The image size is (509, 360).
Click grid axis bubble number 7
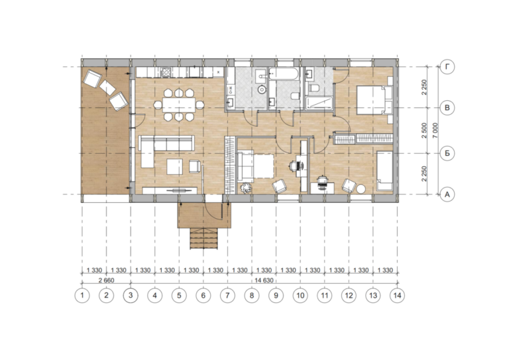click(x=227, y=296)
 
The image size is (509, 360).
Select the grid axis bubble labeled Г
click(x=447, y=67)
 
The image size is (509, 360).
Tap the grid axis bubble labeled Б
click(x=447, y=153)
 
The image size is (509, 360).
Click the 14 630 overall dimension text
click(x=264, y=280)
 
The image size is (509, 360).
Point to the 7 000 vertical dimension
click(x=435, y=130)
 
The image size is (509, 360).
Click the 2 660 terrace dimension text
click(x=106, y=280)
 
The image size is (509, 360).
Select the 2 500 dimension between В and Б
click(x=424, y=131)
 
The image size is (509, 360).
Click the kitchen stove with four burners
click(x=166, y=72)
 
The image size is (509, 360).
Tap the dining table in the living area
click(x=179, y=105)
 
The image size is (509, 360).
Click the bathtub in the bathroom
click(x=284, y=74)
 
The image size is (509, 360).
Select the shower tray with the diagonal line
click(x=319, y=103)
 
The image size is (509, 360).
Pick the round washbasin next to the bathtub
click(x=262, y=89)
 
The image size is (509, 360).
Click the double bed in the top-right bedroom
click(x=374, y=99)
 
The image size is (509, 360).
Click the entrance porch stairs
click(x=203, y=238)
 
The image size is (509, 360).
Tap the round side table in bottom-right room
click(x=361, y=189)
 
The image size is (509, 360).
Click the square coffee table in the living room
click(x=175, y=166)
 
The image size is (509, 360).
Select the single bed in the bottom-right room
click(x=384, y=171)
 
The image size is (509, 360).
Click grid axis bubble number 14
click(x=398, y=296)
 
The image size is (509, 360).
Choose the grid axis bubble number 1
click(x=82, y=296)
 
